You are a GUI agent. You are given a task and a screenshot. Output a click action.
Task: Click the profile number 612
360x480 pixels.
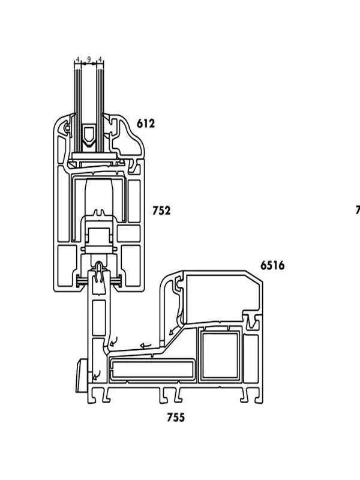coord(145,124)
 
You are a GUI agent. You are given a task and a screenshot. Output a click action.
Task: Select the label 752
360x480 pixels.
coord(161,211)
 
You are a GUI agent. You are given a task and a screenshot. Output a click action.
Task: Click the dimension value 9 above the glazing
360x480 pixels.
coord(89,59)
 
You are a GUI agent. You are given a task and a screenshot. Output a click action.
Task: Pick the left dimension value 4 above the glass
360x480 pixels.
coord(77,59)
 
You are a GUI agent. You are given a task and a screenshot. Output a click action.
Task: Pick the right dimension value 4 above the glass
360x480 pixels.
coord(100,59)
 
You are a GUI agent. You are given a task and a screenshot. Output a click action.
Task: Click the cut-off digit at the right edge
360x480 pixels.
coord(358,210)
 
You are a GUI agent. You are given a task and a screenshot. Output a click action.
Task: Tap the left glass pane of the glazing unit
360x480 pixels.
coord(77,102)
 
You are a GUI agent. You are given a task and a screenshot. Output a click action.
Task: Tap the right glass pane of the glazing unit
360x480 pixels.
coord(100,102)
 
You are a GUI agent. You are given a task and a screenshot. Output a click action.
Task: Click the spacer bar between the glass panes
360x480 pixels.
coord(89,136)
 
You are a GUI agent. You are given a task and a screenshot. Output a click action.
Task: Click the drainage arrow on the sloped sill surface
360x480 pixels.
coord(145,346)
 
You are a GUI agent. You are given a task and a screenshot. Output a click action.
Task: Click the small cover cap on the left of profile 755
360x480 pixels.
coord(80,376)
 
